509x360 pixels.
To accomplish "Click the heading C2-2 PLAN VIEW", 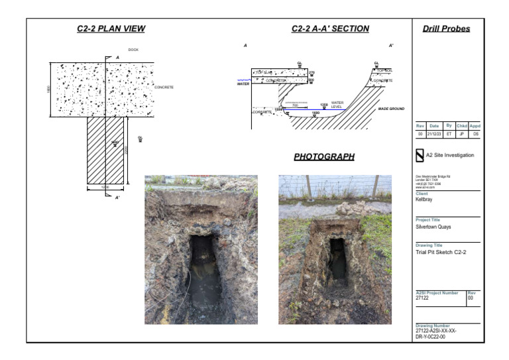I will pos(111,29).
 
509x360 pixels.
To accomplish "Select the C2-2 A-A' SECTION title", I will pos(330,29).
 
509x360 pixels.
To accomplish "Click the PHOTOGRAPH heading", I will pos(324,157).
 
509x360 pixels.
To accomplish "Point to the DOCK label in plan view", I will pos(133,50).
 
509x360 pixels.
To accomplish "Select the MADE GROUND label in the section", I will pos(391,108).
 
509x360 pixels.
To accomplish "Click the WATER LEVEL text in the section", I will pos(337,105).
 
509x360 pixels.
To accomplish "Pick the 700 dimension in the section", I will pos(295,105).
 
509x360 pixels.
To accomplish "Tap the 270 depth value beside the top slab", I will pos(311,72).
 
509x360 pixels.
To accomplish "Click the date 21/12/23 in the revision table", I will pos(434,133).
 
